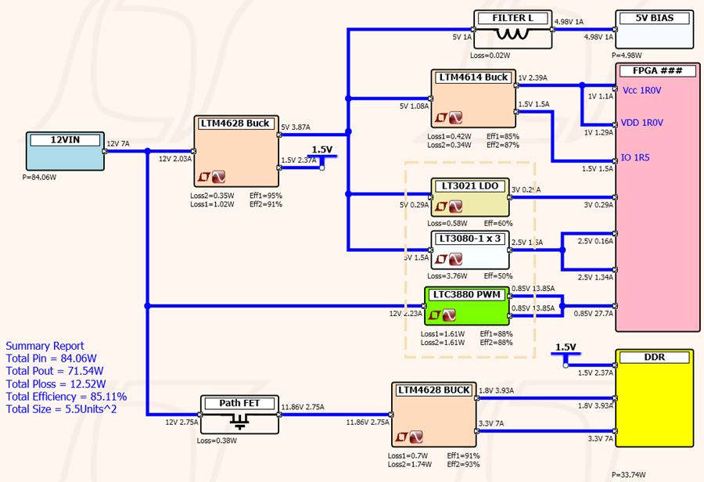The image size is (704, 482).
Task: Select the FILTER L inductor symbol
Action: pos(512,35)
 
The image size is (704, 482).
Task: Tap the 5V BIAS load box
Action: pos(655,31)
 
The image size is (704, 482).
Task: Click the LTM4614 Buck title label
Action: pos(473,77)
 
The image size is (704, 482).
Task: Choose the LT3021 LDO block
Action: pos(470,197)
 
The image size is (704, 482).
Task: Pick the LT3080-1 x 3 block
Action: pos(470,250)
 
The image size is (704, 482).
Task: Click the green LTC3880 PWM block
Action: pos(467,306)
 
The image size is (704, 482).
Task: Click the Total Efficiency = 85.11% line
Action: pos(66,397)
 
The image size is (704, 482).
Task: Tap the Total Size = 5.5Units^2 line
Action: pos(61,409)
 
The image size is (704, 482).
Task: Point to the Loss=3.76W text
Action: pos(448,275)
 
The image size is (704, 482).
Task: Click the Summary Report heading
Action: pos(45,346)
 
